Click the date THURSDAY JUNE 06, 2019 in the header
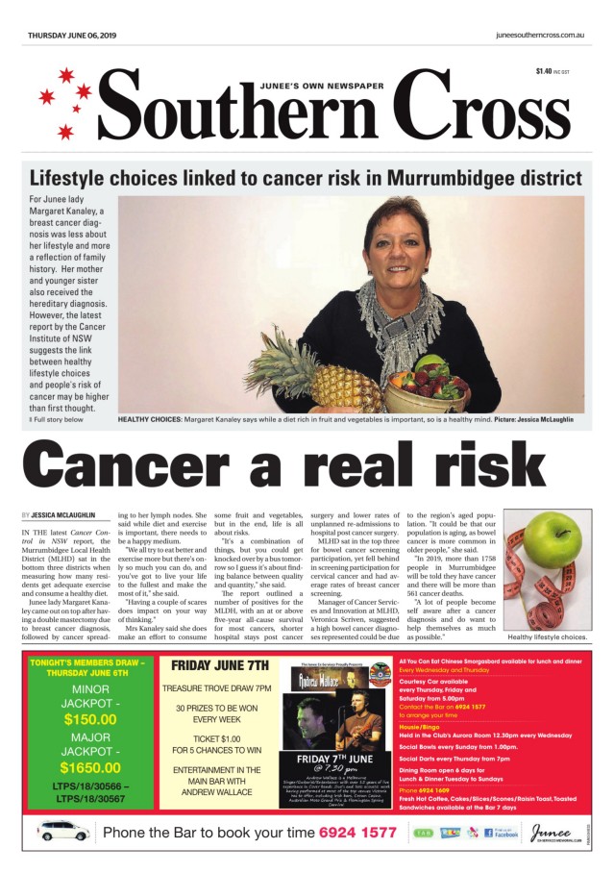(72, 35)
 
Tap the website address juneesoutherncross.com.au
(541, 35)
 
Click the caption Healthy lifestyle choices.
(547, 637)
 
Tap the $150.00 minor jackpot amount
(89, 719)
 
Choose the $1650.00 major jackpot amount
(89, 767)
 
